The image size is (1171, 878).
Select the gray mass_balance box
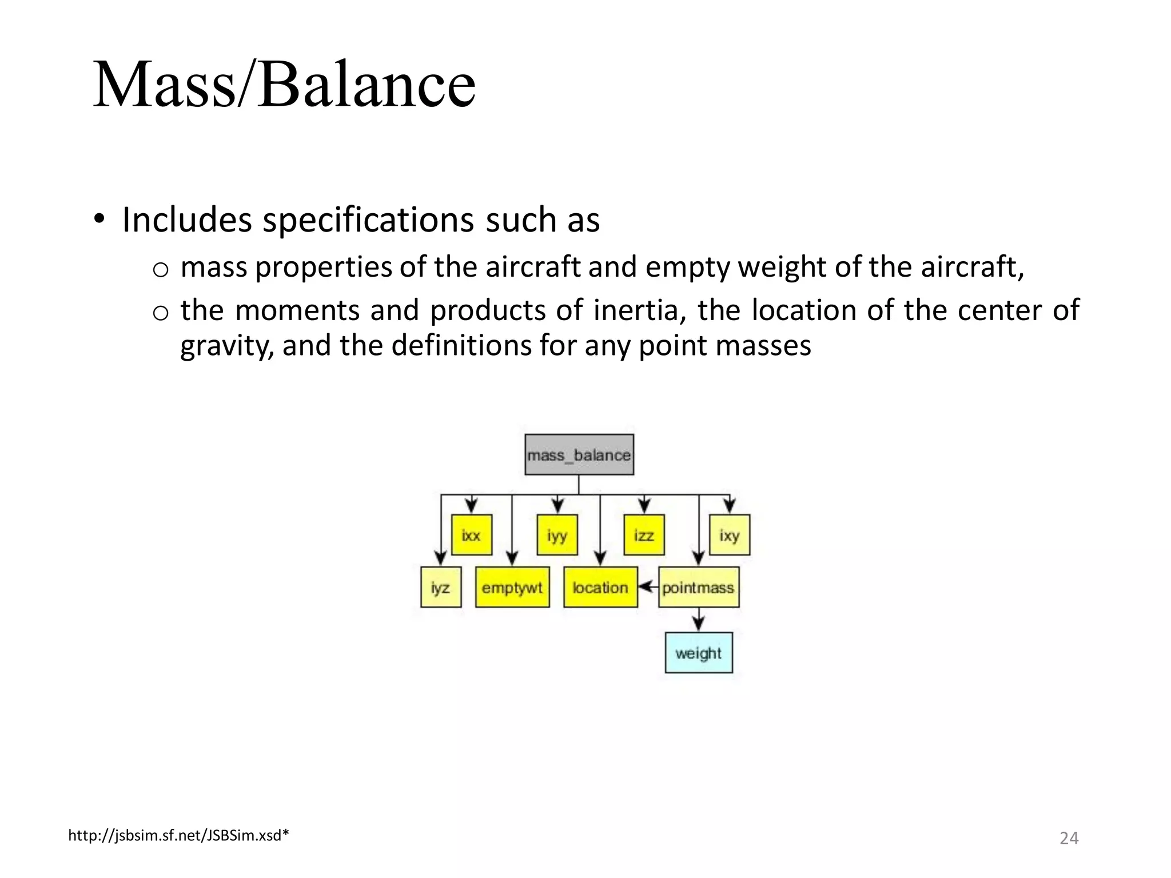click(579, 455)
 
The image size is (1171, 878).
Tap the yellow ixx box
click(471, 535)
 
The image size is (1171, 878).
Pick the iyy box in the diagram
click(557, 535)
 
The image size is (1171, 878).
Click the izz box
click(644, 535)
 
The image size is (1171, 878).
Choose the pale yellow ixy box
click(729, 535)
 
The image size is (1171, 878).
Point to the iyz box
click(440, 587)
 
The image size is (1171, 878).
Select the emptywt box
click(512, 587)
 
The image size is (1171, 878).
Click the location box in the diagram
click(600, 587)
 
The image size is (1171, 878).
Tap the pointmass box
click(698, 587)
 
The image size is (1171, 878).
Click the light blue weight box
click(698, 653)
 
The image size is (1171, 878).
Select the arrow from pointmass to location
click(648, 587)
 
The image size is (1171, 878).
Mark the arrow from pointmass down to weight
click(698, 620)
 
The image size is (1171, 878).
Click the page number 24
click(1069, 838)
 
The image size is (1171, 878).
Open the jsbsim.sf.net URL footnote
click(178, 836)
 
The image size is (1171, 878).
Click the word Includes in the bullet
click(187, 220)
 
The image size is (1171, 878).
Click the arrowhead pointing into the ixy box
click(729, 507)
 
